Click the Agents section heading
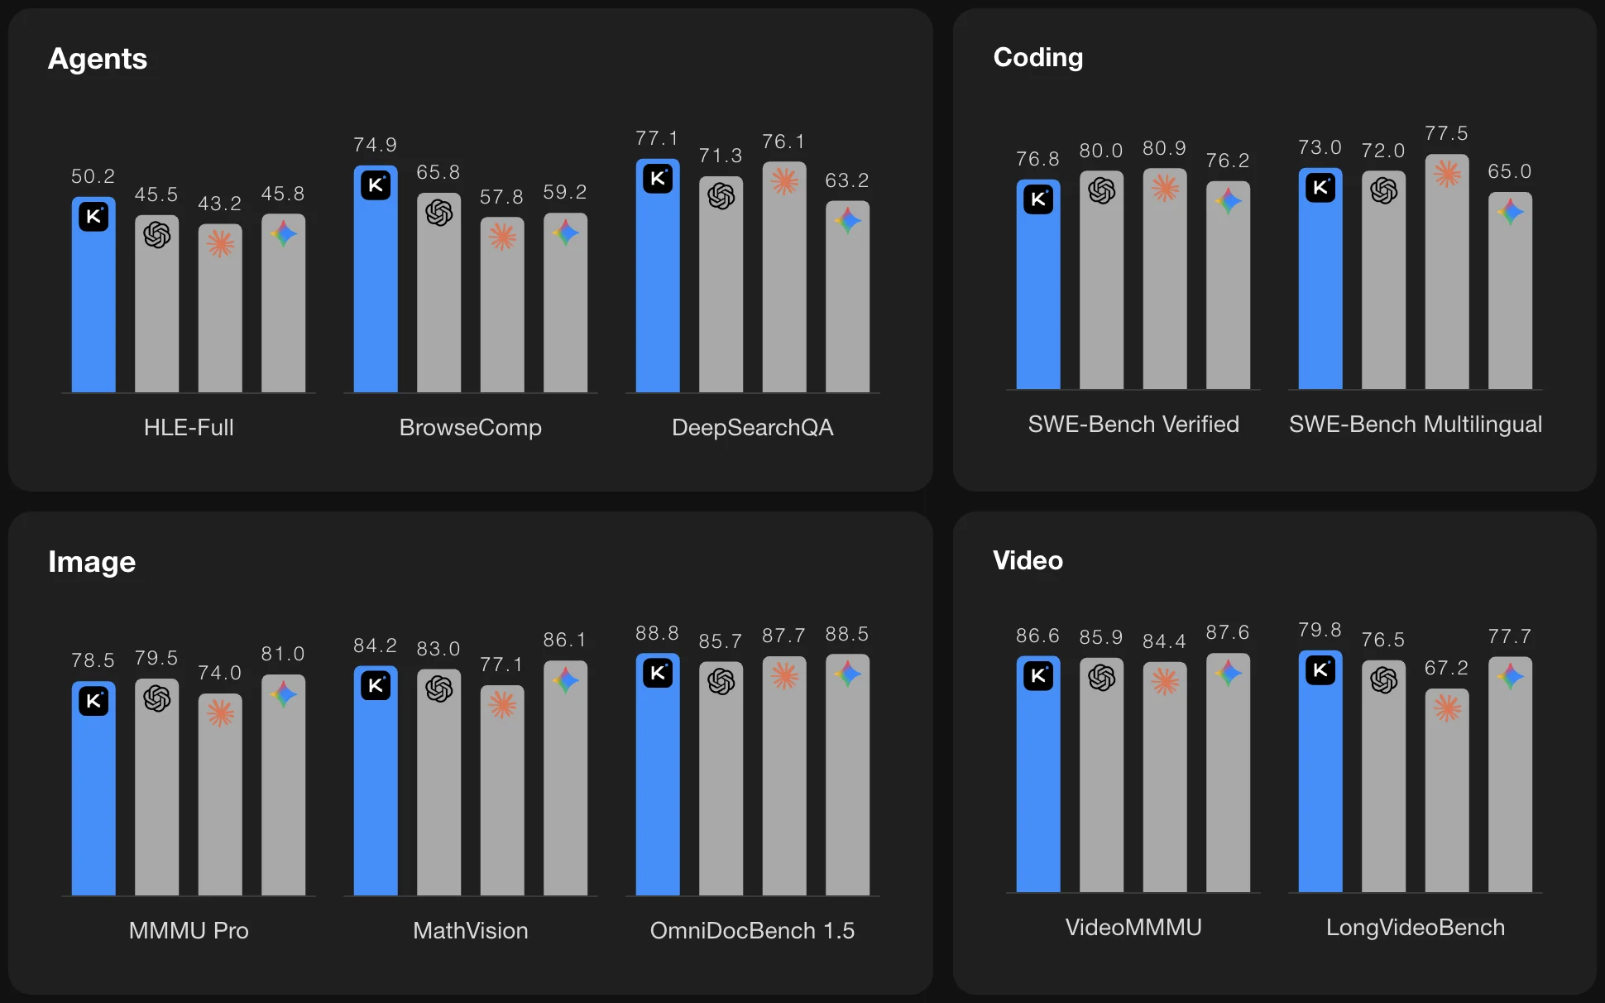[x=98, y=59]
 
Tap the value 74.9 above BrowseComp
[x=375, y=145]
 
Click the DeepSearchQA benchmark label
[x=752, y=427]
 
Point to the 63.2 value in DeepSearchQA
[x=846, y=180]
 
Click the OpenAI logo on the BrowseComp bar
[x=438, y=213]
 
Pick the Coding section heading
[x=1037, y=57]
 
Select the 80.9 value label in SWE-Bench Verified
[x=1164, y=148]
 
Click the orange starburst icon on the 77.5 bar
[x=1447, y=173]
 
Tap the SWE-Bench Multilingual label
[x=1415, y=424]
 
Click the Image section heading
[x=92, y=562]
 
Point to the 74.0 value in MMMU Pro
[x=219, y=673]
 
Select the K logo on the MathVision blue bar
[x=376, y=685]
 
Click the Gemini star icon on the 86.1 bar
[x=566, y=680]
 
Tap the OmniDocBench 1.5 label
[x=752, y=930]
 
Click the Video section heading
[x=1028, y=560]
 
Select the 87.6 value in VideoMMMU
[x=1227, y=632]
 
